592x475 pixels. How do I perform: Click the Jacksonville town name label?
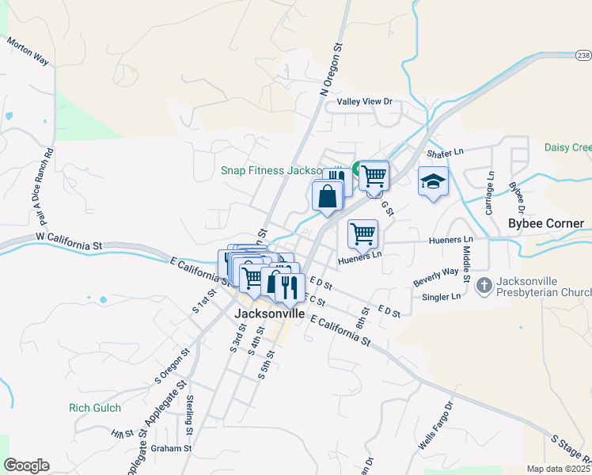(270, 313)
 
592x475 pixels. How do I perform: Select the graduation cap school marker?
(433, 182)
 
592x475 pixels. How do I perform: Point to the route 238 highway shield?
(583, 55)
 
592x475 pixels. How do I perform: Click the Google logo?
(26, 465)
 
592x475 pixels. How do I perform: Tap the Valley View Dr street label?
(364, 101)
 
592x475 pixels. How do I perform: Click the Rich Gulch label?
(95, 408)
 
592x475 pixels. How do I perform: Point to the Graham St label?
(173, 448)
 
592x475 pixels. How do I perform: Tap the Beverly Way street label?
(436, 277)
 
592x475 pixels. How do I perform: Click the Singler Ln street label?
(444, 297)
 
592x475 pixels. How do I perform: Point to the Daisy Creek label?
(567, 147)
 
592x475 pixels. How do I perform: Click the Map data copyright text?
(558, 469)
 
